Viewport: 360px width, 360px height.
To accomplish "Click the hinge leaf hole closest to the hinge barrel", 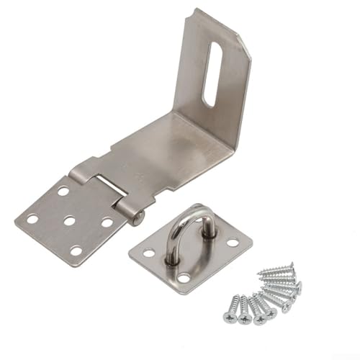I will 106,222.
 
